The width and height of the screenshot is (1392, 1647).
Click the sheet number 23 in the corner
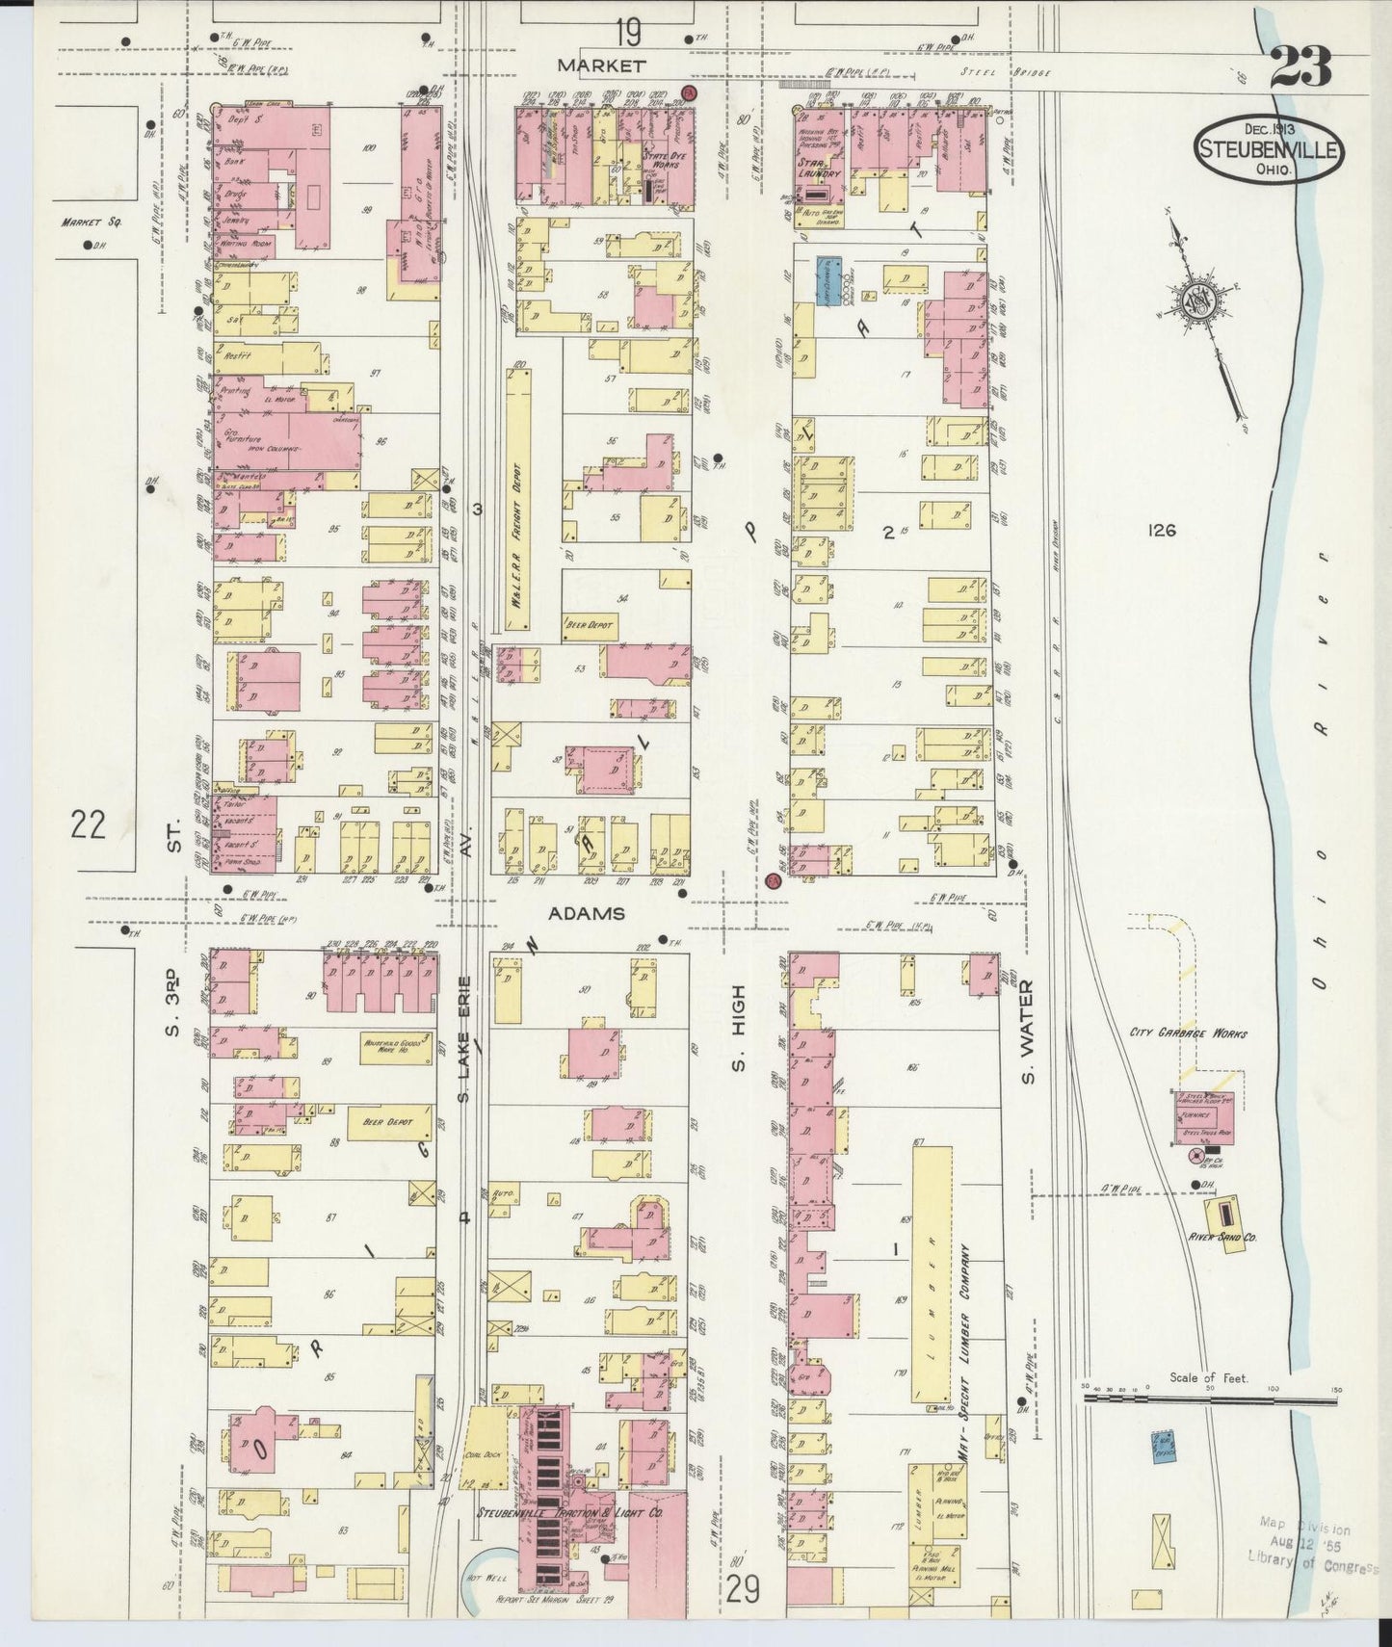pos(1300,67)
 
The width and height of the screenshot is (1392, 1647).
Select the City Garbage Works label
pos(1189,1033)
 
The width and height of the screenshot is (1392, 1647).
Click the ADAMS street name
pos(587,913)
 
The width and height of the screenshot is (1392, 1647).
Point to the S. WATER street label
pos(1029,1031)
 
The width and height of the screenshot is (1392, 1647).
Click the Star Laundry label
pos(819,169)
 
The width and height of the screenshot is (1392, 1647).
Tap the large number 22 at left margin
pos(88,824)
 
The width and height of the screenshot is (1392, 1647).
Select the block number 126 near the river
pos(1162,530)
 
